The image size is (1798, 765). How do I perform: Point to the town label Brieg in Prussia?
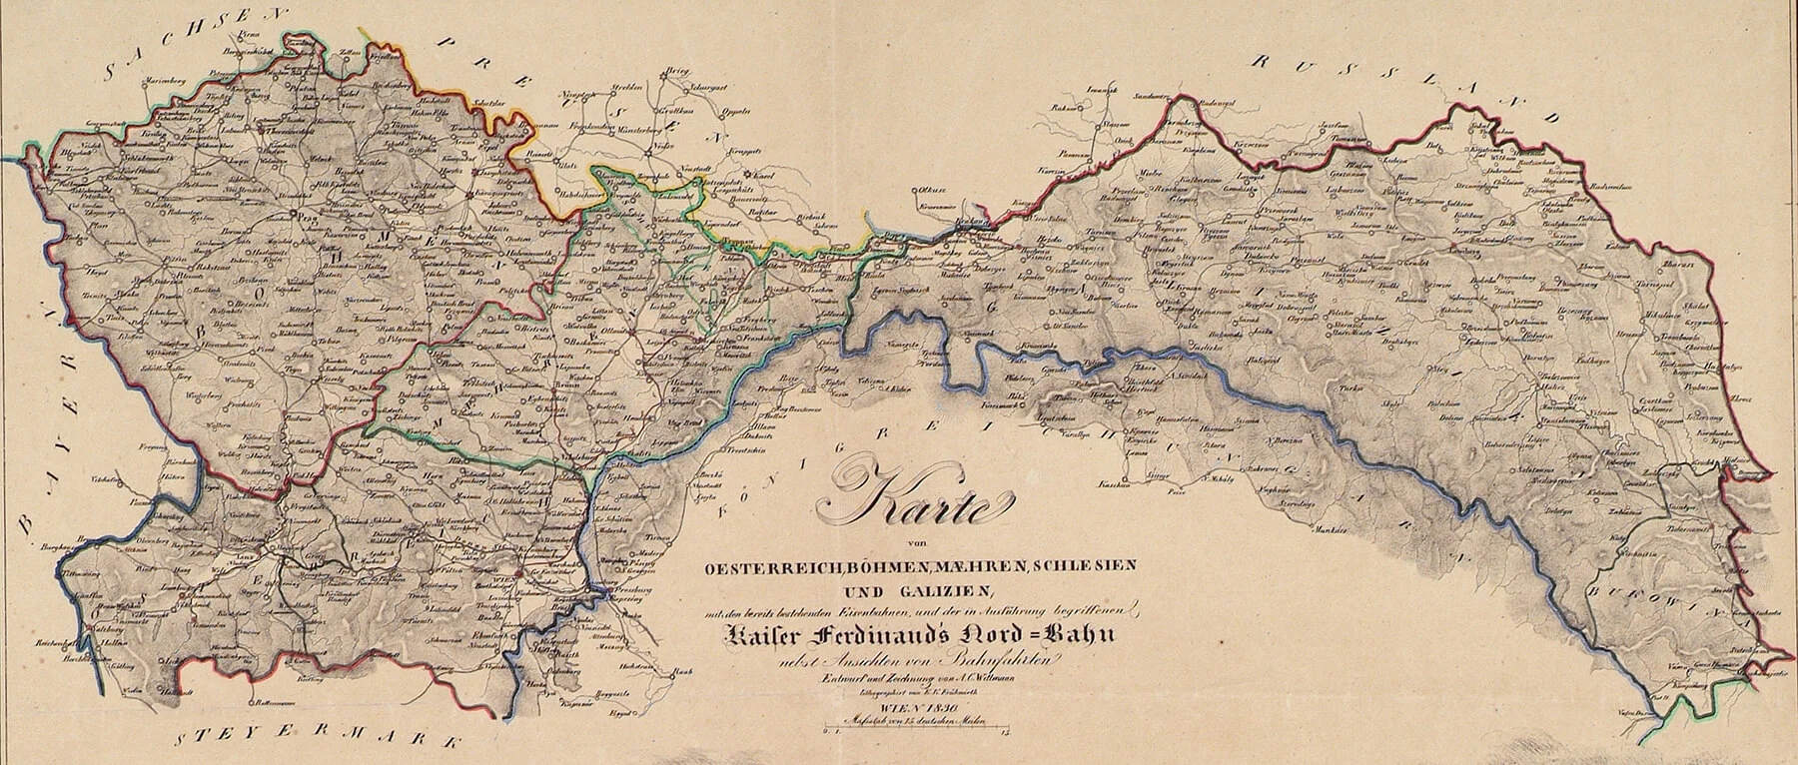pyautogui.click(x=679, y=73)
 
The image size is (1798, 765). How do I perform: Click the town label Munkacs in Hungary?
pyautogui.click(x=1327, y=527)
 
